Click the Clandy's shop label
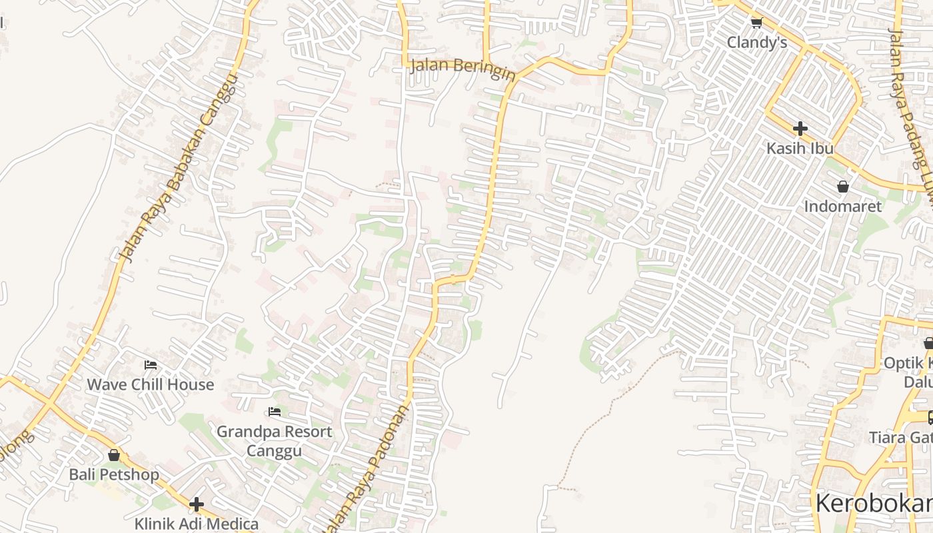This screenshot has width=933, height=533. click(756, 43)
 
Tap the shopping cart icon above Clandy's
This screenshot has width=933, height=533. click(756, 23)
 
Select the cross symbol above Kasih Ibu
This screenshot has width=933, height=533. click(800, 128)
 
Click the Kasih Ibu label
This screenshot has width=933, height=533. click(800, 148)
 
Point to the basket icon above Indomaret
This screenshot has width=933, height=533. click(843, 187)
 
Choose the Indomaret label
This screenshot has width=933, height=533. click(843, 206)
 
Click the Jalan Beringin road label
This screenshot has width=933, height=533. click(463, 68)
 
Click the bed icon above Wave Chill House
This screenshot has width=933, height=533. click(151, 364)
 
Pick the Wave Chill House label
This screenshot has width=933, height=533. click(151, 384)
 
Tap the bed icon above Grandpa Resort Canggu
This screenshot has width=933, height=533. click(274, 412)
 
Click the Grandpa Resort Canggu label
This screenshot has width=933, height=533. click(274, 441)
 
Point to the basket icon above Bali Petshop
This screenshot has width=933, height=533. click(114, 455)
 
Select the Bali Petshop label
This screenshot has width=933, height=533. click(114, 474)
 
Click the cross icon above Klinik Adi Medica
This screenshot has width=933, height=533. click(196, 504)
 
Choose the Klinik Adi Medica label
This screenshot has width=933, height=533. click(196, 524)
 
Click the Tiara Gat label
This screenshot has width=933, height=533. click(900, 438)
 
